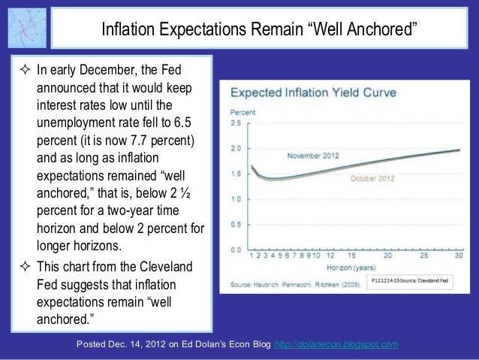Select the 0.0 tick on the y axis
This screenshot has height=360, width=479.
236,250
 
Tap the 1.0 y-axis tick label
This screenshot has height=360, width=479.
236,199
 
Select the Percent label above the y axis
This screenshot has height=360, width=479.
241,111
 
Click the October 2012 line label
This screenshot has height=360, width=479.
372,179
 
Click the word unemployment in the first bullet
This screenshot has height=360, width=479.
74,122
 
